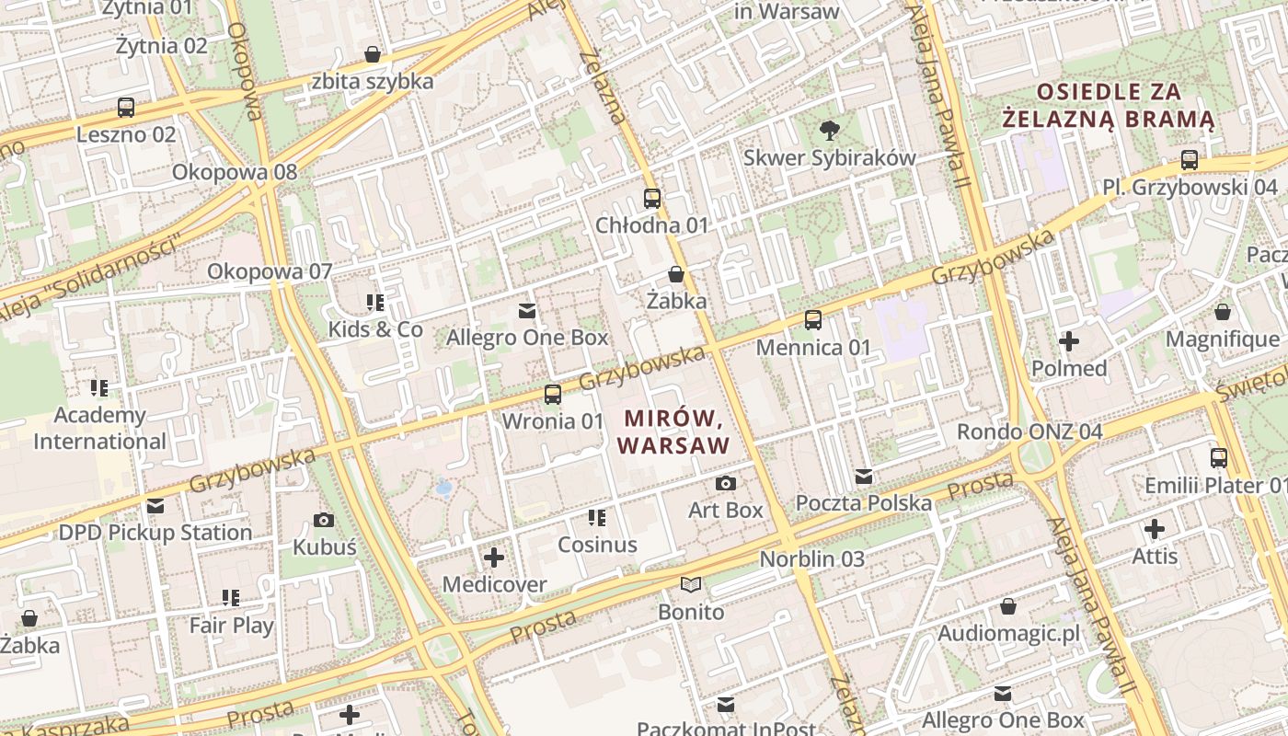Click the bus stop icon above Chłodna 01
[652, 198]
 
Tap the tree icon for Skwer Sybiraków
[829, 130]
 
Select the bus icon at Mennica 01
[813, 320]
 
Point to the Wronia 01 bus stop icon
[552, 395]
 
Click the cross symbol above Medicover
[494, 557]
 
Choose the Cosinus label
[597, 545]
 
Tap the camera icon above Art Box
[725, 483]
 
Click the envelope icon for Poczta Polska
[863, 477]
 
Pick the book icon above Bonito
[691, 584]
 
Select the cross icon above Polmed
[1068, 342]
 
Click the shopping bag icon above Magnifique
[1223, 313]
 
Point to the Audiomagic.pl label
[1008, 634]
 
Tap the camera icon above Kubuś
[324, 520]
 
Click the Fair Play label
[231, 626]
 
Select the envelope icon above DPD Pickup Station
[155, 506]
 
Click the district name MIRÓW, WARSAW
[674, 431]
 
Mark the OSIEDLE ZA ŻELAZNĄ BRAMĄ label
[1109, 105]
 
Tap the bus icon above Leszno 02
[126, 108]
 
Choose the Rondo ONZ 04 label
[1029, 431]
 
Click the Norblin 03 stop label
[812, 558]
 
